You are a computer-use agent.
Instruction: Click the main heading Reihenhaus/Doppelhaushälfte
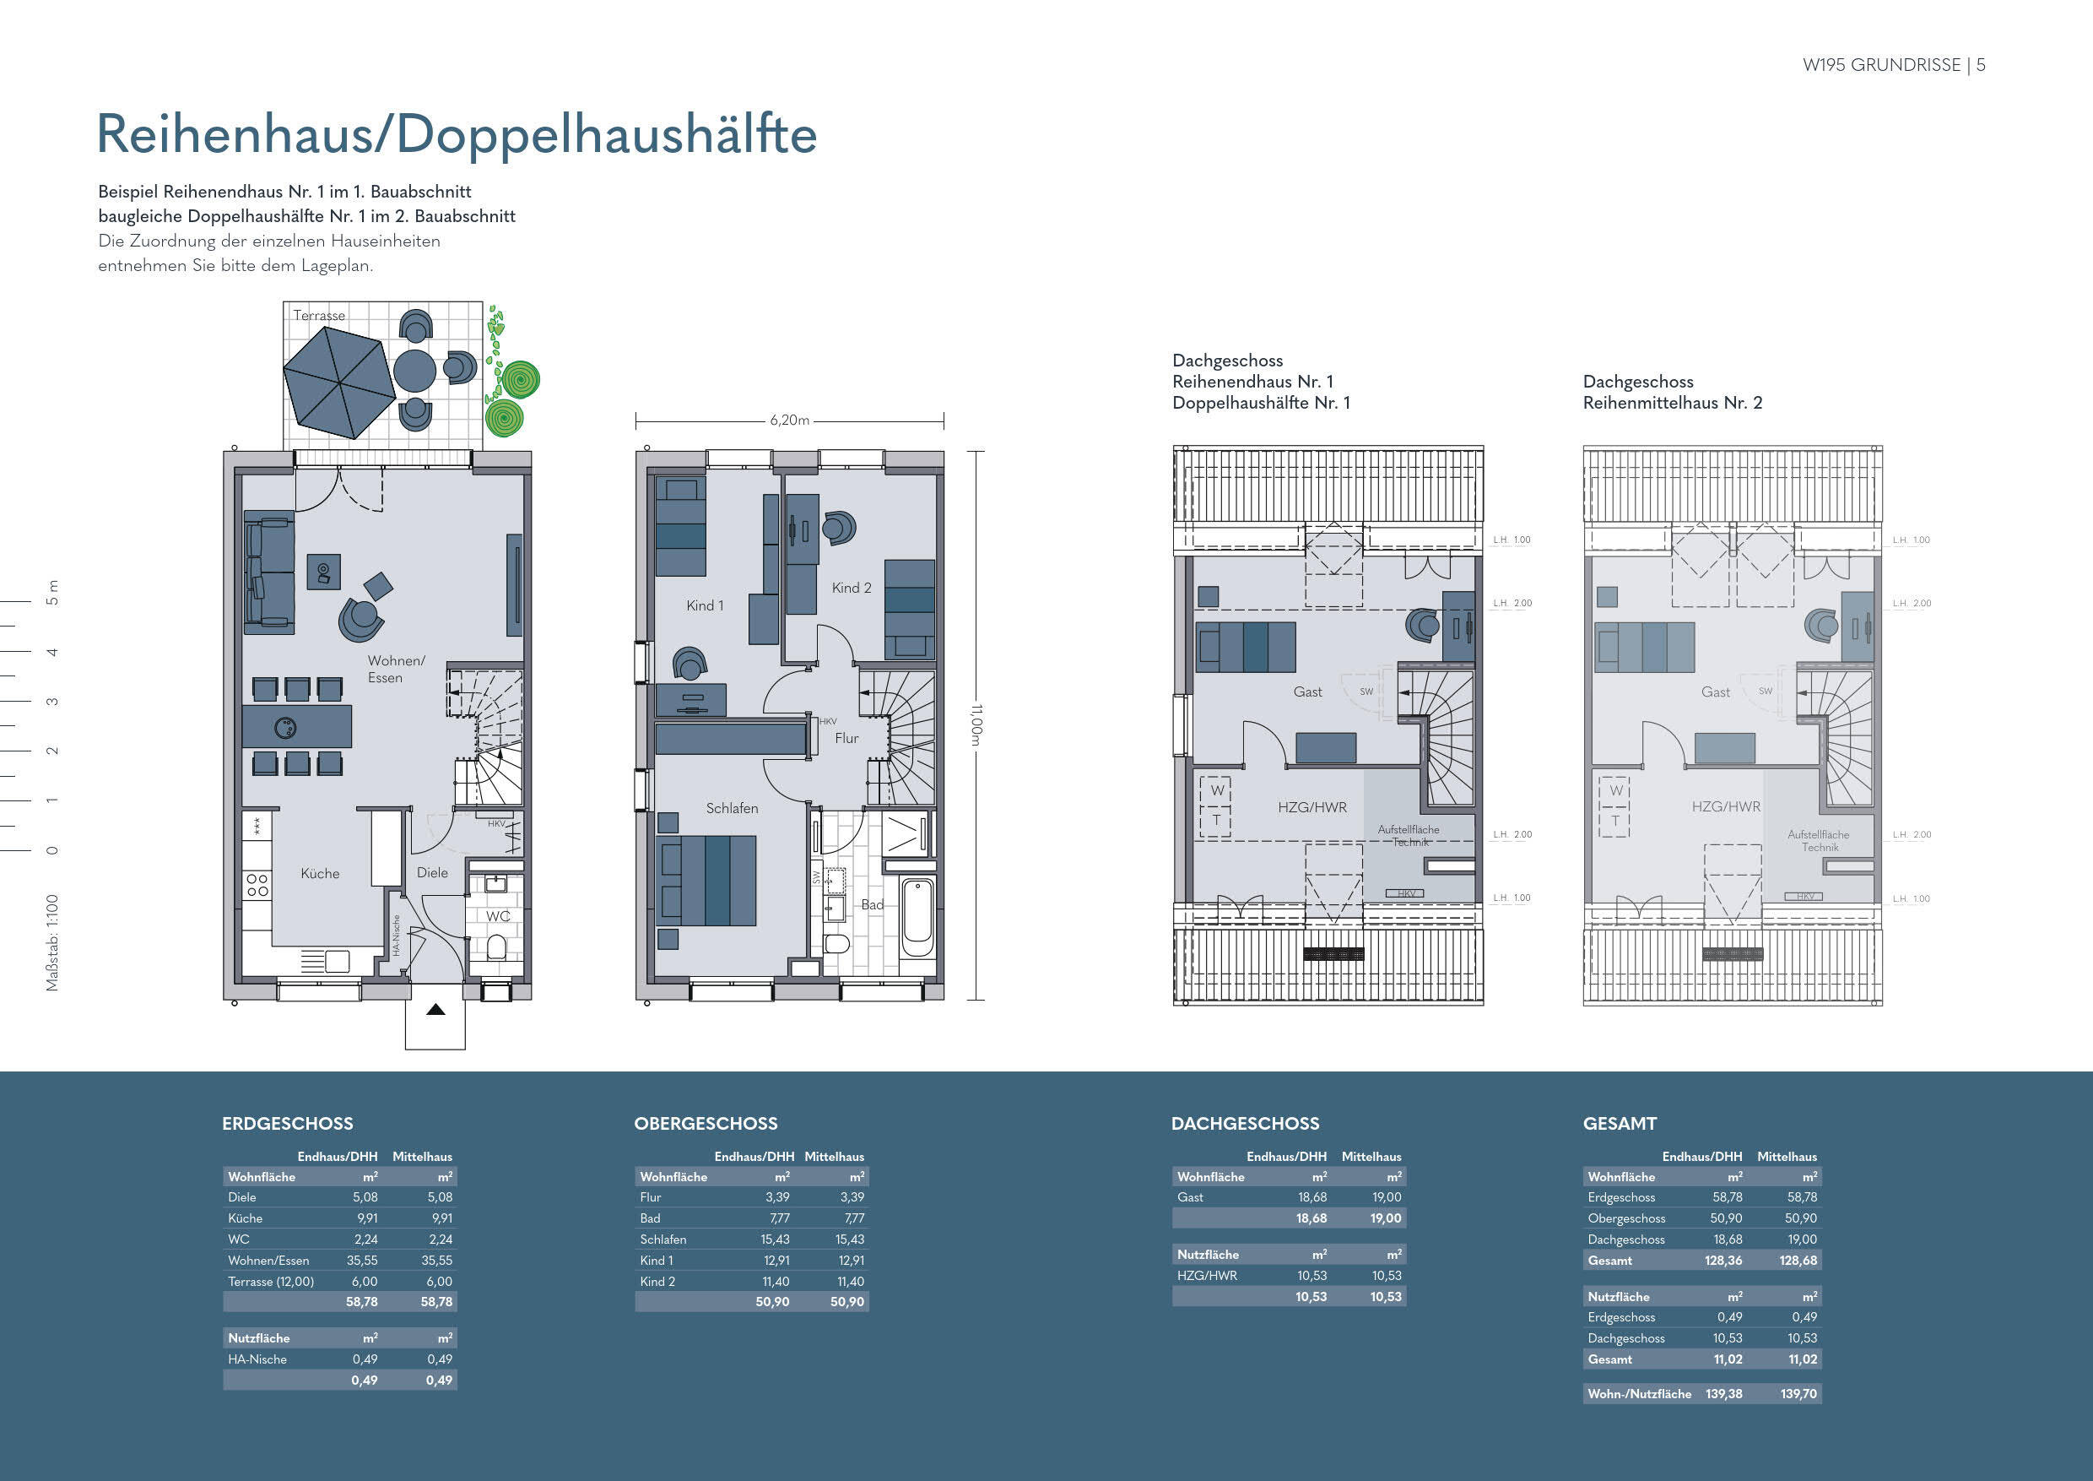(456, 135)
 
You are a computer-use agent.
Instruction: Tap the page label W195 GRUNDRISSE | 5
(1893, 65)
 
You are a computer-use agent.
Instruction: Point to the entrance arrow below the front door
(435, 1010)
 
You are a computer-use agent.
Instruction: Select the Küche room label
(320, 874)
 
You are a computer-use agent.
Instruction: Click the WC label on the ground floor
(498, 915)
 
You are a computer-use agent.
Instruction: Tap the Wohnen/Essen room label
(396, 669)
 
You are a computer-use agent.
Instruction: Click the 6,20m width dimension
(789, 420)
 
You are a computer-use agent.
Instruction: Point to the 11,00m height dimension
(976, 725)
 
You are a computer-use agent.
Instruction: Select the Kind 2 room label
(852, 589)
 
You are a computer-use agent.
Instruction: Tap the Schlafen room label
(732, 808)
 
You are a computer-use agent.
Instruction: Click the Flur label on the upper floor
(846, 738)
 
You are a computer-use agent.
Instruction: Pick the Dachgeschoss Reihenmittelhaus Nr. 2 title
(1672, 392)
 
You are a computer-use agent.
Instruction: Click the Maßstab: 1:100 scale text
(52, 942)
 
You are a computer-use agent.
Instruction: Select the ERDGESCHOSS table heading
(287, 1124)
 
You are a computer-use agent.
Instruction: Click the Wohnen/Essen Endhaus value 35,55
(362, 1261)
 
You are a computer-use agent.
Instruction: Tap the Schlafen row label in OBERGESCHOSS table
(663, 1240)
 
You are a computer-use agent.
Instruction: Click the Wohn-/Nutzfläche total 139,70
(1798, 1393)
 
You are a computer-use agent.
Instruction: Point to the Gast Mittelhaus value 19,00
(1386, 1197)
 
